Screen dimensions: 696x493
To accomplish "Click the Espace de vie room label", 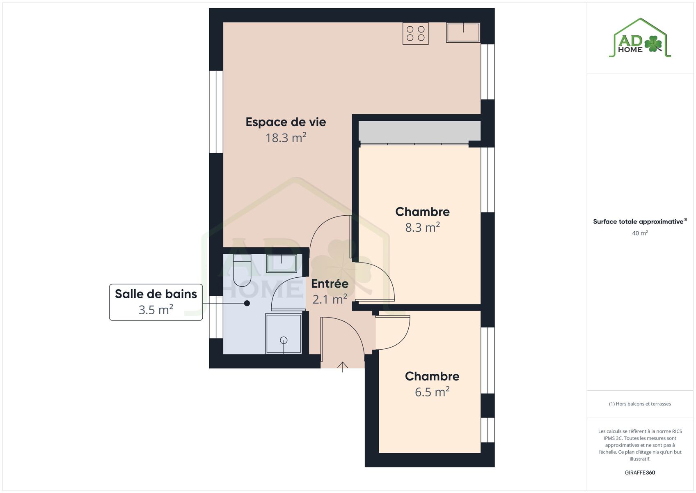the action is click(x=286, y=122).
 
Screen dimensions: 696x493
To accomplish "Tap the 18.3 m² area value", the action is click(x=286, y=138).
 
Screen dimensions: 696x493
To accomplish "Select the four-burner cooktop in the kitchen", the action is click(x=415, y=34).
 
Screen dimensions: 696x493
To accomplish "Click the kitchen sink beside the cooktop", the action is click(x=463, y=32).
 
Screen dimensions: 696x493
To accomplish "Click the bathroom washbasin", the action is click(x=282, y=263).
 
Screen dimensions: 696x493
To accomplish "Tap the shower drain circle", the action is click(x=284, y=340).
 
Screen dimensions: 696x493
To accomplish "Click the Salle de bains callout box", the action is click(x=156, y=302).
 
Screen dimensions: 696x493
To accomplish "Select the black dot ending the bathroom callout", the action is click(x=247, y=303).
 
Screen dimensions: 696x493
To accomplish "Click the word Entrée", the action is click(x=330, y=283).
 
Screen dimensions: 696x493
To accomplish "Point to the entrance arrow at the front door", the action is click(x=342, y=367).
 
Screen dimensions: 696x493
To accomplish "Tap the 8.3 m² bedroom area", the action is click(x=423, y=227).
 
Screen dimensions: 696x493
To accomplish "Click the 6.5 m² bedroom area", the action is click(x=432, y=392).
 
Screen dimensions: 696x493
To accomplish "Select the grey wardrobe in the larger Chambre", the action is click(x=419, y=131).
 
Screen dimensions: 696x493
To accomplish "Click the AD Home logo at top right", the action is click(x=640, y=38).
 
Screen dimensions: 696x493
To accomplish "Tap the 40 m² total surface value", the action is click(x=640, y=233).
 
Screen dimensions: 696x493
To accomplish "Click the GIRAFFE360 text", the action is click(x=640, y=472).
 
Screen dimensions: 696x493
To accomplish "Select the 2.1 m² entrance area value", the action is click(x=330, y=299).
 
